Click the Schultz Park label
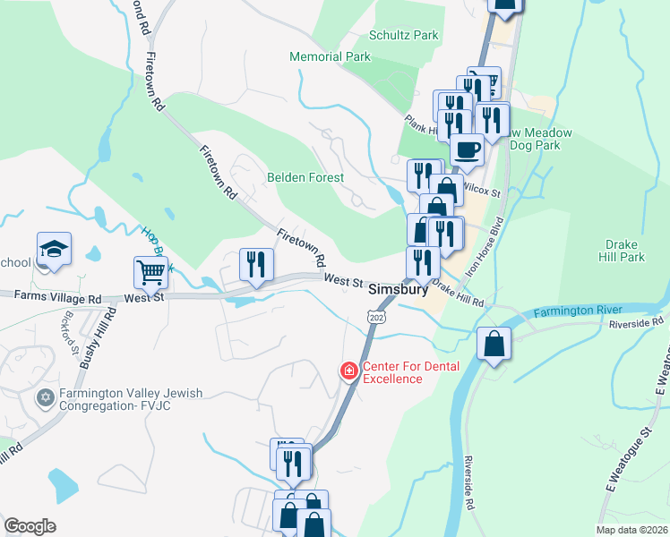(x=404, y=36)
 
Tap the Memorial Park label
(x=330, y=56)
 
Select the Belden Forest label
(x=305, y=177)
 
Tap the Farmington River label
(x=579, y=312)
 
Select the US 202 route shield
(x=375, y=317)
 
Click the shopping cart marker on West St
(x=150, y=271)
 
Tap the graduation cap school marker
(x=54, y=248)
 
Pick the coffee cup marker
(x=467, y=148)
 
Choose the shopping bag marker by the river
(x=494, y=343)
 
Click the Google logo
(x=30, y=526)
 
